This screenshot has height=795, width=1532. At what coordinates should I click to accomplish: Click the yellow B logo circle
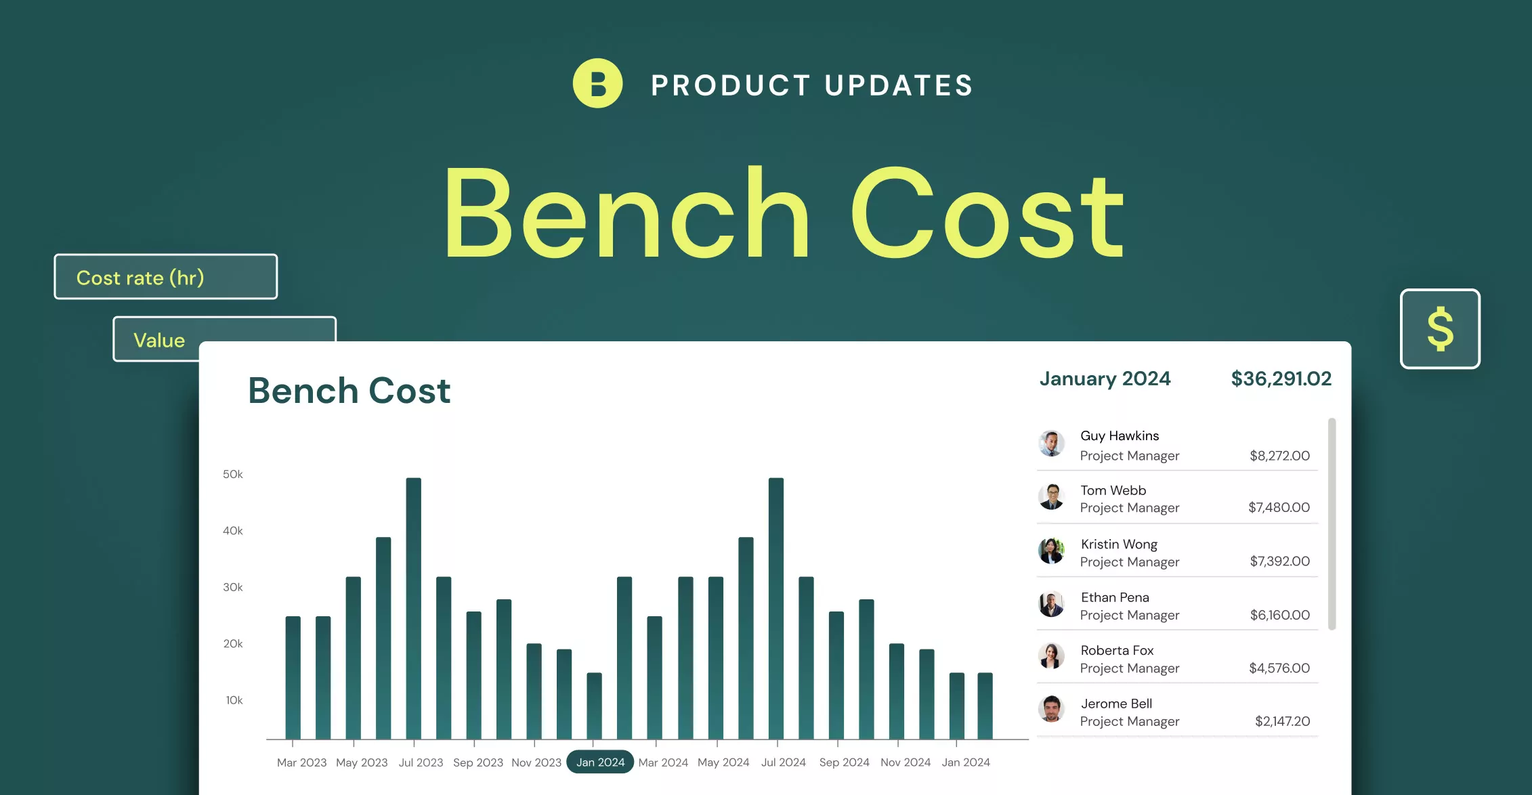(597, 83)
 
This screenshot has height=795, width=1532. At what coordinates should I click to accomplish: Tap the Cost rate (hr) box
(166, 276)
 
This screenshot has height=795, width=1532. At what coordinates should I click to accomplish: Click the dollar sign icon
(1440, 329)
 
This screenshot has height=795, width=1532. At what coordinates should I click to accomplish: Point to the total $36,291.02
(1281, 379)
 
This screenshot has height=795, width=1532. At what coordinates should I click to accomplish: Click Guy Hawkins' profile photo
(1051, 444)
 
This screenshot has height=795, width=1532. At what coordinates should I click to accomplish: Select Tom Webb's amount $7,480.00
(1279, 507)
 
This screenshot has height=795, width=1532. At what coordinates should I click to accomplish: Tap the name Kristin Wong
(1119, 544)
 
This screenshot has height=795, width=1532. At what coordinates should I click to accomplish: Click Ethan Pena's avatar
(1051, 604)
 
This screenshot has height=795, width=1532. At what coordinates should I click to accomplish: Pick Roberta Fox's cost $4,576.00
(1279, 668)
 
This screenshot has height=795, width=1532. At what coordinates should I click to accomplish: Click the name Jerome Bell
(1116, 704)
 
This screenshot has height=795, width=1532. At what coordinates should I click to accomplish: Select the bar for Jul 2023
(413, 608)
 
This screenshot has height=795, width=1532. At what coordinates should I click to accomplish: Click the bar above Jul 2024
(776, 608)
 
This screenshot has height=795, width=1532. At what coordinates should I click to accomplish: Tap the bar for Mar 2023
(293, 677)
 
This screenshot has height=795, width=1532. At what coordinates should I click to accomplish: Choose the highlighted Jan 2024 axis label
(600, 762)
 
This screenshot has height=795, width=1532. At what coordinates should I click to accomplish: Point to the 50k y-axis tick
(232, 474)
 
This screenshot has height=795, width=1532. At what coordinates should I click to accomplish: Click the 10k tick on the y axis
(234, 700)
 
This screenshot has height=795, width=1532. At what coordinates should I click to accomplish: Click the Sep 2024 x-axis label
(844, 762)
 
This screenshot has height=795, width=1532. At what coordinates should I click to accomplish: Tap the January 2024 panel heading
(1105, 379)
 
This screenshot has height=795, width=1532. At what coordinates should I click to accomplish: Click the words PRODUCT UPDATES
(812, 85)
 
